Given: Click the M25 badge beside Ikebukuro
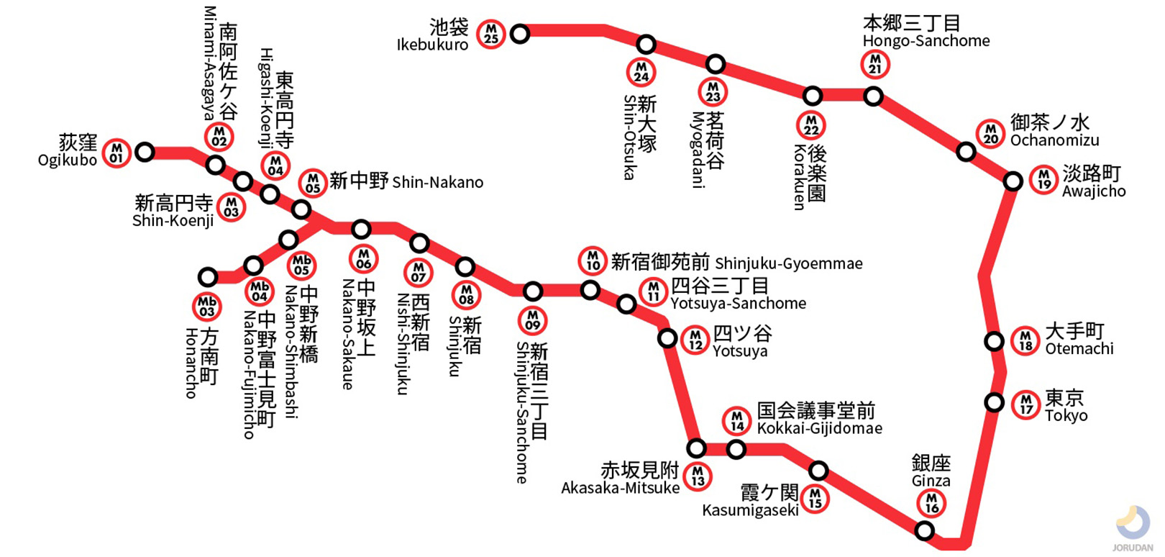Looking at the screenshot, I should tap(490, 33).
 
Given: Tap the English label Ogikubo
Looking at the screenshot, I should tap(67, 160).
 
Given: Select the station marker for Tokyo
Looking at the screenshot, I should tap(994, 402).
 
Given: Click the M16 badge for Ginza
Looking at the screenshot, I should tap(931, 503).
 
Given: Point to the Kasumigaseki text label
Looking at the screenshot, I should tap(750, 510).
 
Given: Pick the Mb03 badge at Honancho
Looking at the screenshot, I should tap(207, 307).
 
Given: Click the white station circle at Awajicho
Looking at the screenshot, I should tap(1013, 181).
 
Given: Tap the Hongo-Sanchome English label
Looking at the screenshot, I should tap(926, 41).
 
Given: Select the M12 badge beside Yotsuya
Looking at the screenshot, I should tap(695, 340).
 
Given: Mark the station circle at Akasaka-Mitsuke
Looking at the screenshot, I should tap(696, 449).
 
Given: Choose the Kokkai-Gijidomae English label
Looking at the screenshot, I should tap(819, 429).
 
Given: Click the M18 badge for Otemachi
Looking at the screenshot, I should tap(1025, 341).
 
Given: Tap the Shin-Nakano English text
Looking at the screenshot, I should tap(437, 183).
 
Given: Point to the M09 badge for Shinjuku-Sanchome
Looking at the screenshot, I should tap(532, 320).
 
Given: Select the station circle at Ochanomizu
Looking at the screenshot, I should tap(966, 152).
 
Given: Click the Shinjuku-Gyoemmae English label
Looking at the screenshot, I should tap(788, 264).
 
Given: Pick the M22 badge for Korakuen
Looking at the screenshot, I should tap(811, 125).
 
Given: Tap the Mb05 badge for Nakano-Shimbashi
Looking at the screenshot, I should tap(301, 266).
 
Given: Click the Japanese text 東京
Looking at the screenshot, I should tap(1064, 398).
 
